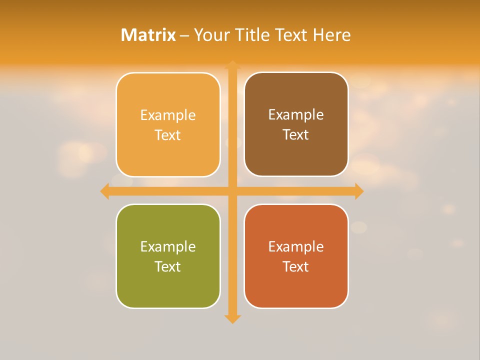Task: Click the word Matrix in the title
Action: tap(148, 35)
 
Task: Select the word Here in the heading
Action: tap(331, 35)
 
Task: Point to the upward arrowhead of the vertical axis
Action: tap(232, 65)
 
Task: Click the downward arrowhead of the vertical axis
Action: tap(232, 318)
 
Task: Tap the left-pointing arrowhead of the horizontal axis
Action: tap(105, 191)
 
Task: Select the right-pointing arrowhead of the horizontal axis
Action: tap(359, 191)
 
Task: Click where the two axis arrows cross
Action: tap(232, 191)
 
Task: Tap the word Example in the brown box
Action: tap(296, 115)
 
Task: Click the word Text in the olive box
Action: tap(168, 266)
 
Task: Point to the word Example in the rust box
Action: tap(296, 246)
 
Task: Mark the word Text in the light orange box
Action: tap(168, 135)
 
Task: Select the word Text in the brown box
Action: tap(296, 134)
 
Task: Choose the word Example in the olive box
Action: tap(168, 246)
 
